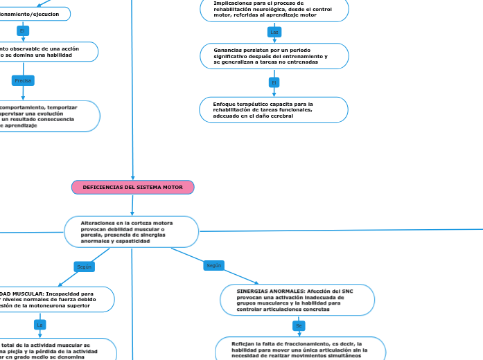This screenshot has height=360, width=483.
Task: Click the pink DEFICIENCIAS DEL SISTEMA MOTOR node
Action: [x=132, y=188]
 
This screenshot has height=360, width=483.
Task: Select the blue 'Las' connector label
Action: [x=274, y=33]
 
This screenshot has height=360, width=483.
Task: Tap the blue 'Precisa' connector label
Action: [x=23, y=81]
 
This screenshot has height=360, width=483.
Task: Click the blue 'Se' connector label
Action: [x=299, y=325]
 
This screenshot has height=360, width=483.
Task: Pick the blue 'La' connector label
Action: [x=40, y=325]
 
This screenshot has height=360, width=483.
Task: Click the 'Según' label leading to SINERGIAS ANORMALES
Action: [x=213, y=265]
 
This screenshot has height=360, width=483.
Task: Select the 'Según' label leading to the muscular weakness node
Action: [x=84, y=267]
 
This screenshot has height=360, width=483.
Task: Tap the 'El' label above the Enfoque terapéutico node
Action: [x=274, y=82]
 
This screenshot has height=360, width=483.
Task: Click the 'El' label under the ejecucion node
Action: [x=22, y=31]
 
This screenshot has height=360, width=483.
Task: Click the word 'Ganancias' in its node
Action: [x=229, y=50]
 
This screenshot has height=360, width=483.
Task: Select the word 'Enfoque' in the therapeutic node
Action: [x=225, y=104]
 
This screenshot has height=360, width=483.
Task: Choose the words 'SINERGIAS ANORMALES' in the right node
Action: [x=263, y=291]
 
